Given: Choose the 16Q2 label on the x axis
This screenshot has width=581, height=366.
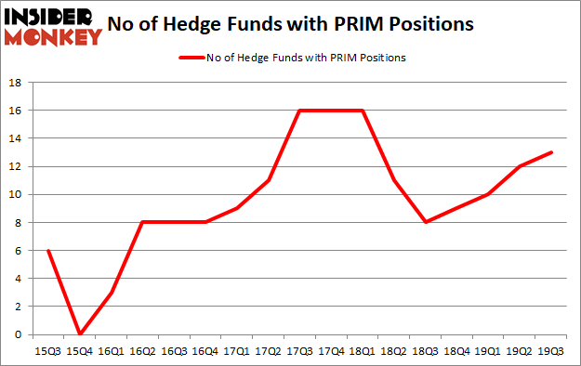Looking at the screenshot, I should coord(142,351).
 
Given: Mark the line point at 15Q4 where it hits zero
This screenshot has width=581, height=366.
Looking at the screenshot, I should coord(79,334).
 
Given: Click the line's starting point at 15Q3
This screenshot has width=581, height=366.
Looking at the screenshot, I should coord(47,251).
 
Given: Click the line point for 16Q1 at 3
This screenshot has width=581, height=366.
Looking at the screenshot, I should coord(111,293).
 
